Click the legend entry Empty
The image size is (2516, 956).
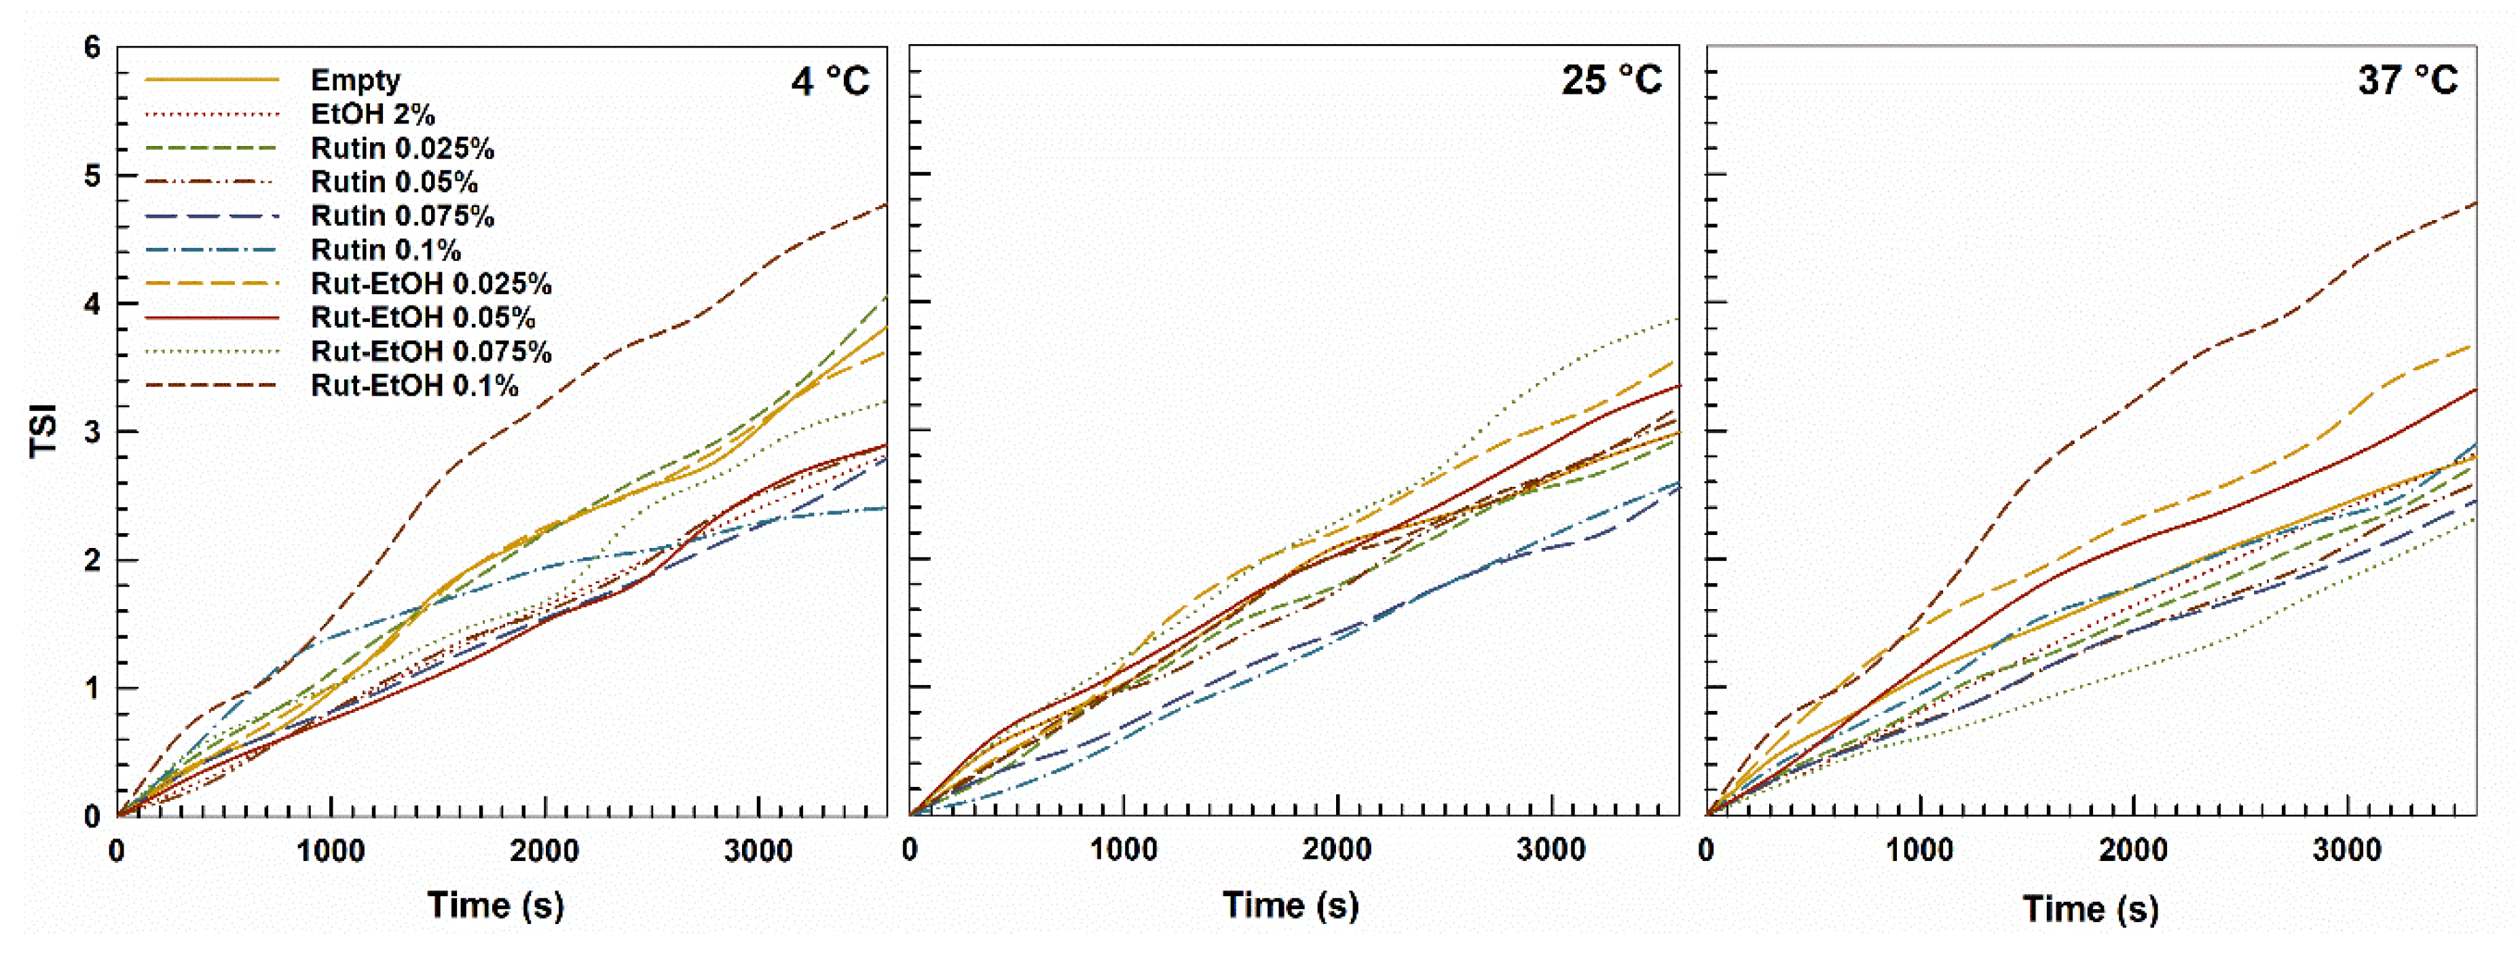354,80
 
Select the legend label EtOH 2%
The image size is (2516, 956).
372,114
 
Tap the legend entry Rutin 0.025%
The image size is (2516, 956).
401,149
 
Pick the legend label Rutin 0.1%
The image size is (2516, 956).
386,250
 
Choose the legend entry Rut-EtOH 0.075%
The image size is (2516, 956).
430,352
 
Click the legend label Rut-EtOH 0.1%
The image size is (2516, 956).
414,386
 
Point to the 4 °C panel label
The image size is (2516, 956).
830,80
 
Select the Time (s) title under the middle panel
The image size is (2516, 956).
1290,905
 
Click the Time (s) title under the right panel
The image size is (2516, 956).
2090,908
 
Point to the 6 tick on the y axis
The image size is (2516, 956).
93,48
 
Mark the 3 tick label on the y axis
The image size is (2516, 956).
93,432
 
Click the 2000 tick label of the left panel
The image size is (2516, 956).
544,851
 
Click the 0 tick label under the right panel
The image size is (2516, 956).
1706,849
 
